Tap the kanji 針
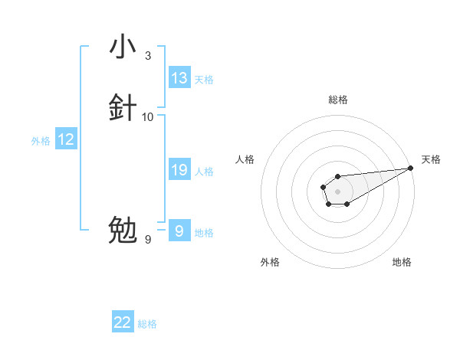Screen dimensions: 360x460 123,108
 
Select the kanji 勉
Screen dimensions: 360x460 123,230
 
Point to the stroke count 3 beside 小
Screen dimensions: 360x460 148,55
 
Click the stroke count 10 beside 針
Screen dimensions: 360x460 148,116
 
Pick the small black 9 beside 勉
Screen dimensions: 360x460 148,240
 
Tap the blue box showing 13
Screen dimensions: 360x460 179,78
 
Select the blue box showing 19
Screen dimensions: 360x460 179,170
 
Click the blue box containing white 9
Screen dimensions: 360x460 179,231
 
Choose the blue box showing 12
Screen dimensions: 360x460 66,139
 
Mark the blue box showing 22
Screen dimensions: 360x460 123,322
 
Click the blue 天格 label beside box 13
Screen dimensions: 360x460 204,80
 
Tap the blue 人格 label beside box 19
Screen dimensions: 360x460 204,172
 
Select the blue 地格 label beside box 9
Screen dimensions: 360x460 204,232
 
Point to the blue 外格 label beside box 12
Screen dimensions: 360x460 41,141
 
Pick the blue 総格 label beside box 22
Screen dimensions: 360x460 147,324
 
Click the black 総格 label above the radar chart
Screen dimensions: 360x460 338,100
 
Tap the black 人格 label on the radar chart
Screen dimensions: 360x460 245,159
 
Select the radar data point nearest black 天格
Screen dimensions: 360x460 411,169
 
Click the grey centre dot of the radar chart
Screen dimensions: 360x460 337,190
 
